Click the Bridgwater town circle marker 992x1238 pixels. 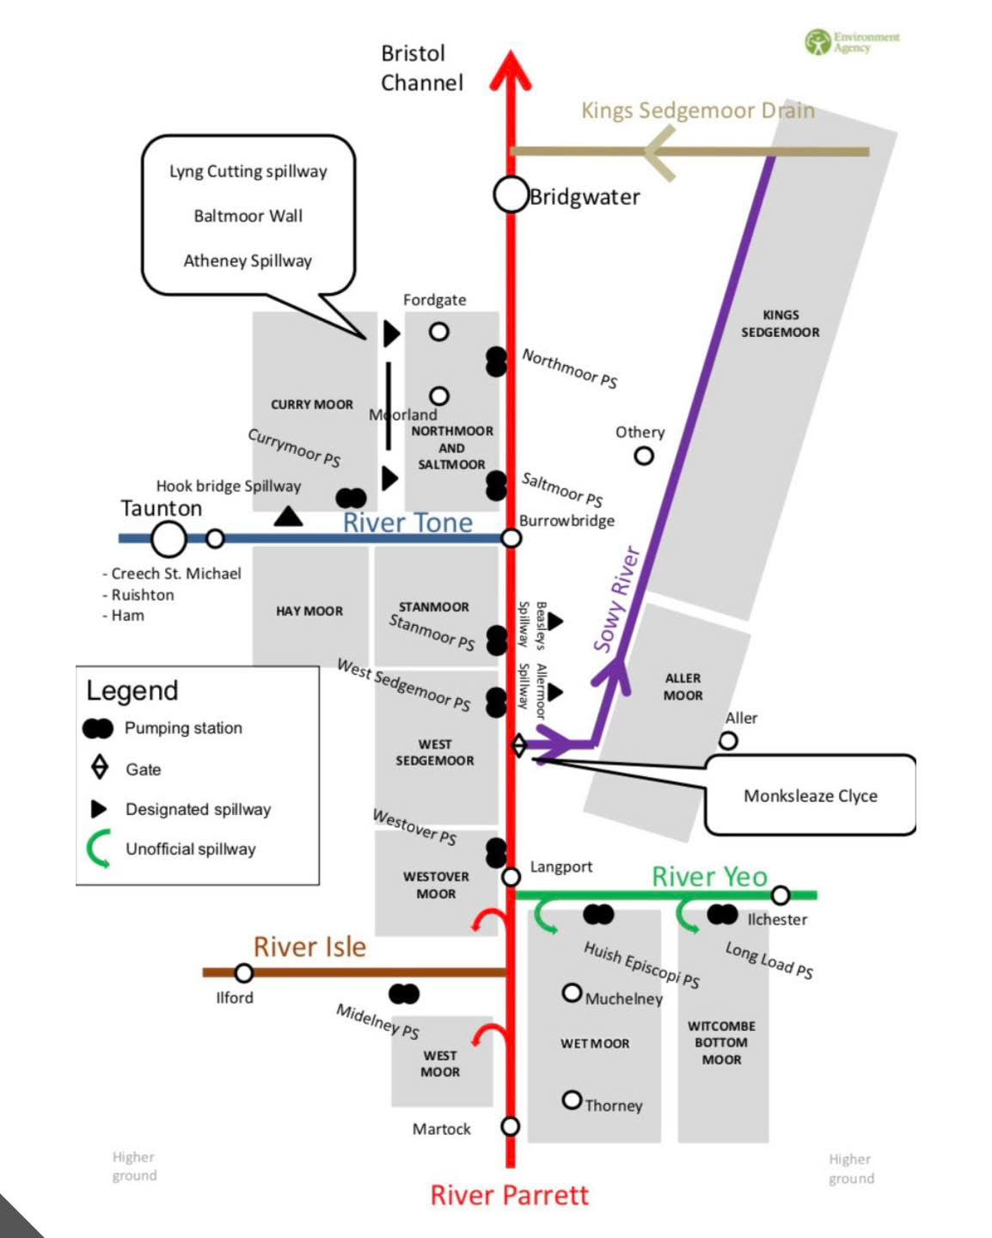pyautogui.click(x=510, y=195)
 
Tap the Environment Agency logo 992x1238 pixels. pyautogui.click(x=851, y=41)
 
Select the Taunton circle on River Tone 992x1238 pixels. pyautogui.click(x=168, y=539)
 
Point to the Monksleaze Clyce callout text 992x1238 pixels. pyautogui.click(x=810, y=796)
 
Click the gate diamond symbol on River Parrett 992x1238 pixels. pyautogui.click(x=518, y=745)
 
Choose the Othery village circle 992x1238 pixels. pyautogui.click(x=644, y=456)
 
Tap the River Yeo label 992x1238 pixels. pyautogui.click(x=709, y=877)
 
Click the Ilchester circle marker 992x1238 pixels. pyautogui.click(x=780, y=896)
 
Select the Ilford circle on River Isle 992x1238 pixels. pyautogui.click(x=244, y=973)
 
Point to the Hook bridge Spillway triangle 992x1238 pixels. pyautogui.click(x=288, y=517)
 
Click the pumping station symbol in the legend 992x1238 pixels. pyautogui.click(x=98, y=729)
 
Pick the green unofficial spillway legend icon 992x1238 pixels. pyautogui.click(x=98, y=849)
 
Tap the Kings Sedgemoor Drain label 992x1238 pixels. pyautogui.click(x=697, y=110)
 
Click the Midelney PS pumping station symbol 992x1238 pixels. pyautogui.click(x=404, y=995)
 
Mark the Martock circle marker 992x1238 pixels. pyautogui.click(x=511, y=1126)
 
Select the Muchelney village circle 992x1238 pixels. pyautogui.click(x=572, y=994)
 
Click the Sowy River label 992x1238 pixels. pyautogui.click(x=617, y=599)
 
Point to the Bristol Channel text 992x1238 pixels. pyautogui.click(x=421, y=68)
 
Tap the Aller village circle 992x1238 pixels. pyautogui.click(x=728, y=741)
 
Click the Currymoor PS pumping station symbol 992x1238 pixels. pyautogui.click(x=351, y=498)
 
